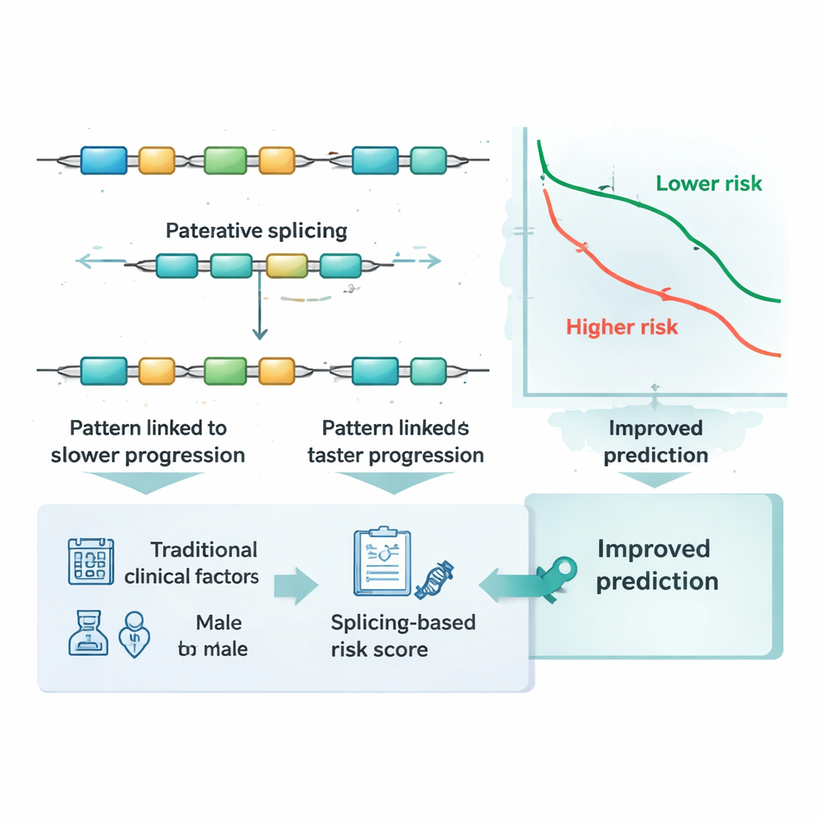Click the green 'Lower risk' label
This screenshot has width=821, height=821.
click(709, 184)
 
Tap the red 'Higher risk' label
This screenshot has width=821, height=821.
click(621, 327)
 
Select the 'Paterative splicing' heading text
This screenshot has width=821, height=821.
click(257, 232)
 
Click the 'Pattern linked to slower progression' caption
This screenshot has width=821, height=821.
click(148, 442)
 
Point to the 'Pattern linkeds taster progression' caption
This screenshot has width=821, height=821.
click(395, 442)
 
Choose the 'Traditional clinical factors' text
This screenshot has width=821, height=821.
click(192, 563)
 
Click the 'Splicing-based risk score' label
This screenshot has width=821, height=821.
click(403, 636)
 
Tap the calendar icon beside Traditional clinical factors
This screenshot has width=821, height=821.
click(90, 560)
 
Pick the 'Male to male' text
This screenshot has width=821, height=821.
click(213, 636)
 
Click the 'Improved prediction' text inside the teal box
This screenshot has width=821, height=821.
click(654, 564)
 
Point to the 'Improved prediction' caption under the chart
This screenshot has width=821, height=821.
click(655, 442)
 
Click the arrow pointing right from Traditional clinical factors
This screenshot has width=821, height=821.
click(296, 585)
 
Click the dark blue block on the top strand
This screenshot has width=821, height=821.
click(103, 160)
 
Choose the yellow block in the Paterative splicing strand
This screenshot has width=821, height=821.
click(287, 265)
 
